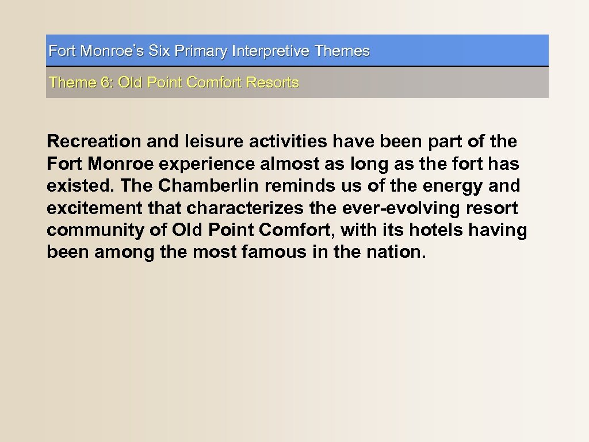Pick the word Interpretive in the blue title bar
point(271,51)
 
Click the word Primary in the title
point(200,51)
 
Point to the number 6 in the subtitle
point(106,82)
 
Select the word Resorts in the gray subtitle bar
point(272,82)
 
